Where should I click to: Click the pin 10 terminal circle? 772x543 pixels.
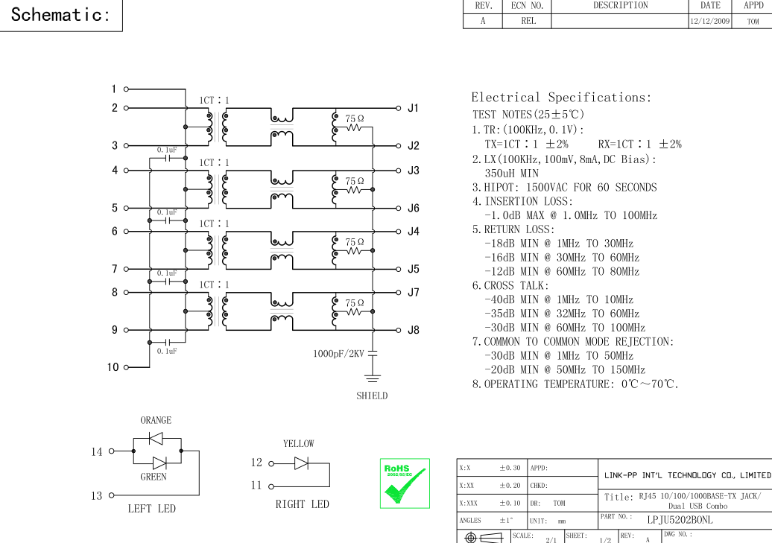pos(126,367)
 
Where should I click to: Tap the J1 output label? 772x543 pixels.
pos(413,108)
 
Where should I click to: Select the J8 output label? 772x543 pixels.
pos(414,330)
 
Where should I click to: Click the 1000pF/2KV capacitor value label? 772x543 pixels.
pos(339,354)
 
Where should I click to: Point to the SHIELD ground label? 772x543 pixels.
pos(372,396)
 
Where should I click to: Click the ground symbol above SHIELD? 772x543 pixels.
pos(373,378)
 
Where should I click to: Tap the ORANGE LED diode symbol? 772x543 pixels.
pos(156,438)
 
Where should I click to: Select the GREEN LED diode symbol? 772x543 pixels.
pos(159,463)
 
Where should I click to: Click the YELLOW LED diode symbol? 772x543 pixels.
pos(301,463)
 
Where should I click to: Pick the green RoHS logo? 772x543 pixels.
pos(405,483)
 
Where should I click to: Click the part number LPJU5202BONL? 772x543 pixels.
pos(680,520)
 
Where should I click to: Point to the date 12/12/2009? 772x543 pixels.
pos(710,21)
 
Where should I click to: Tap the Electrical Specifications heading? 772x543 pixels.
pos(561,98)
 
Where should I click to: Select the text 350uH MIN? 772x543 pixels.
pos(511,174)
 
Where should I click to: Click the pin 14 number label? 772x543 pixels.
pos(97,451)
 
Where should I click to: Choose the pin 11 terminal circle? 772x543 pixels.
pos(270,487)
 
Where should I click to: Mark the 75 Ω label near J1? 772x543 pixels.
pos(355,118)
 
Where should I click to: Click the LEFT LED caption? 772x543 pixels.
pos(152,509)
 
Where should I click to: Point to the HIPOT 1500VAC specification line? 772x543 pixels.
pos(564,188)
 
